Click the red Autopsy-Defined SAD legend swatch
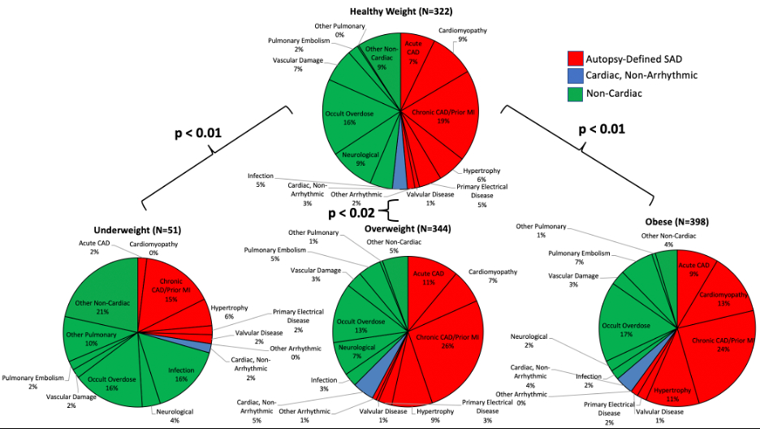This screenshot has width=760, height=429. tap(573, 59)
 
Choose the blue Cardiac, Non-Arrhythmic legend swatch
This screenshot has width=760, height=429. tap(573, 76)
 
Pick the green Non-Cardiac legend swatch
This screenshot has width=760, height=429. tap(573, 93)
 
